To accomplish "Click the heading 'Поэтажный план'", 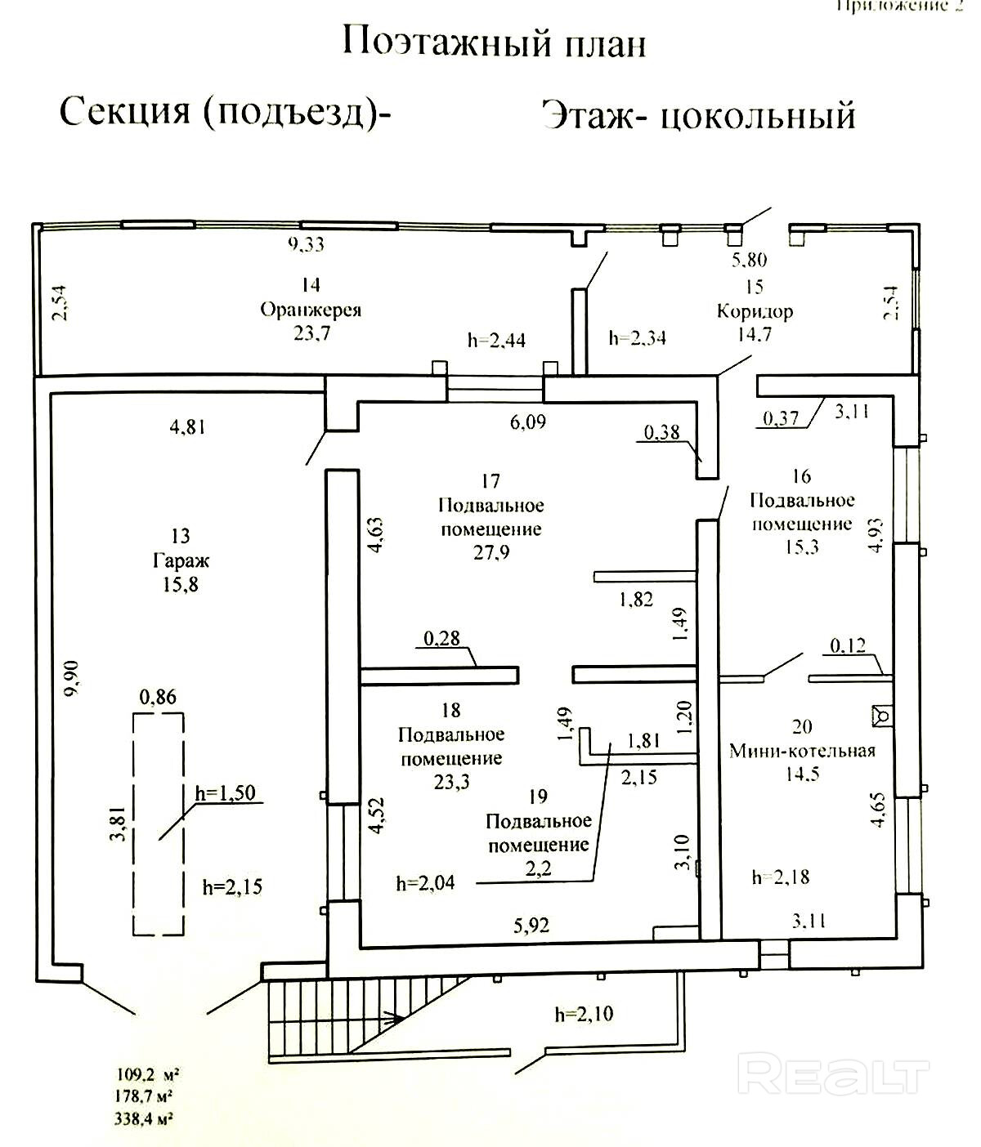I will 494,42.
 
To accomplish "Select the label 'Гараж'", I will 181,560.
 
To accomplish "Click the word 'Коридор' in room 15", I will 754,311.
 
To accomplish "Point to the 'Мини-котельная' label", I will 802,751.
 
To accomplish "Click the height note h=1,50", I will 226,792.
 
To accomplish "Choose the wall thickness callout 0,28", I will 441,637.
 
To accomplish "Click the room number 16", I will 801,476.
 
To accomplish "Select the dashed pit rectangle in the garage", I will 159,823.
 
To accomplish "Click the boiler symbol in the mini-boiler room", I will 882,715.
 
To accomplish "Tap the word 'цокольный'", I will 757,116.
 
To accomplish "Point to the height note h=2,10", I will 584,1015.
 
